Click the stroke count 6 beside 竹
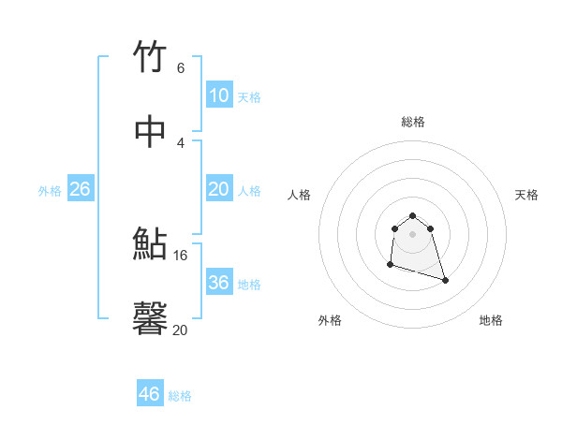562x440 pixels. pyautogui.click(x=180, y=67)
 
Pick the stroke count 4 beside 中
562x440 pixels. pyautogui.click(x=180, y=142)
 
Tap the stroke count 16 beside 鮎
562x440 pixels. pyautogui.click(x=181, y=255)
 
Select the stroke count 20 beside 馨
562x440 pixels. pyautogui.click(x=181, y=330)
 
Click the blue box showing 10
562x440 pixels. pyautogui.click(x=218, y=95)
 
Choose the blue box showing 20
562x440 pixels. pyautogui.click(x=218, y=189)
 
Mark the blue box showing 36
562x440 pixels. pyautogui.click(x=218, y=283)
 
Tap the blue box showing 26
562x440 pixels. pyautogui.click(x=80, y=189)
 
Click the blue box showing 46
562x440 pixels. pyautogui.click(x=149, y=394)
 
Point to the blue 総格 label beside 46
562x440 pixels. pyautogui.click(x=180, y=396)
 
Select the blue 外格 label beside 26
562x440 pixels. pyautogui.click(x=50, y=191)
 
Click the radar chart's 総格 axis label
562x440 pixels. pyautogui.click(x=412, y=122)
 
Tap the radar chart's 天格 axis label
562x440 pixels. pyautogui.click(x=526, y=195)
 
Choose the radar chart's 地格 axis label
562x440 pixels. pyautogui.click(x=491, y=320)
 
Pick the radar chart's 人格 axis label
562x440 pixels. pyautogui.click(x=299, y=195)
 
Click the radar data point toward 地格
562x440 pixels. pyautogui.click(x=445, y=280)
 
